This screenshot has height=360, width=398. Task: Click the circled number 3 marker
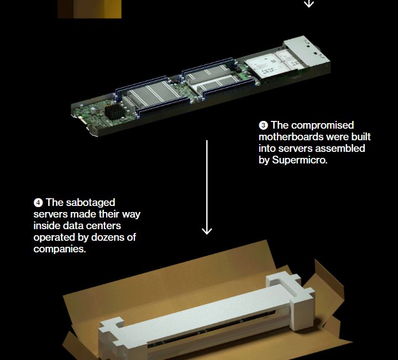263,125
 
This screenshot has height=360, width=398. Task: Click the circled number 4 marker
38,203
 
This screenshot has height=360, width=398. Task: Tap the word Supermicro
300,160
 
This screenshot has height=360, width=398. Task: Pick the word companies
60,249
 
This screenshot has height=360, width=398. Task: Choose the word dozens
107,237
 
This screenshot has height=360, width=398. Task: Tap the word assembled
340,149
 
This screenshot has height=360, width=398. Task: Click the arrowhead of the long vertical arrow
207,231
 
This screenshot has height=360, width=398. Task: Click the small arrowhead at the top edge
309,4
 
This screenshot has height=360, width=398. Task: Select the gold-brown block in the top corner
90,9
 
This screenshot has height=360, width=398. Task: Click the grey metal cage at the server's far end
307,51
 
